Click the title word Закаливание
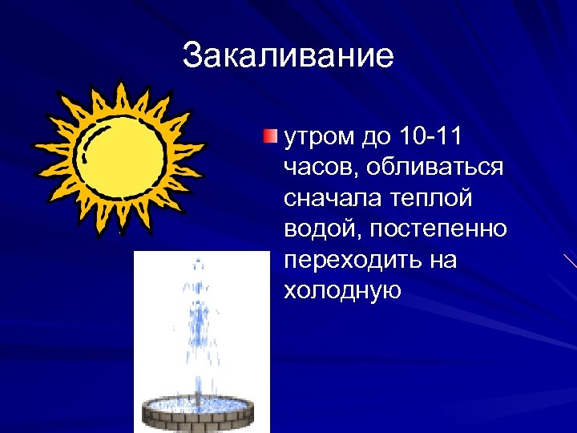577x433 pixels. pos(288,56)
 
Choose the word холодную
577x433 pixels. pos(342,291)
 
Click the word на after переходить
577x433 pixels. pos(441,261)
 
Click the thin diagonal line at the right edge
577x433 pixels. pos(570,260)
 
